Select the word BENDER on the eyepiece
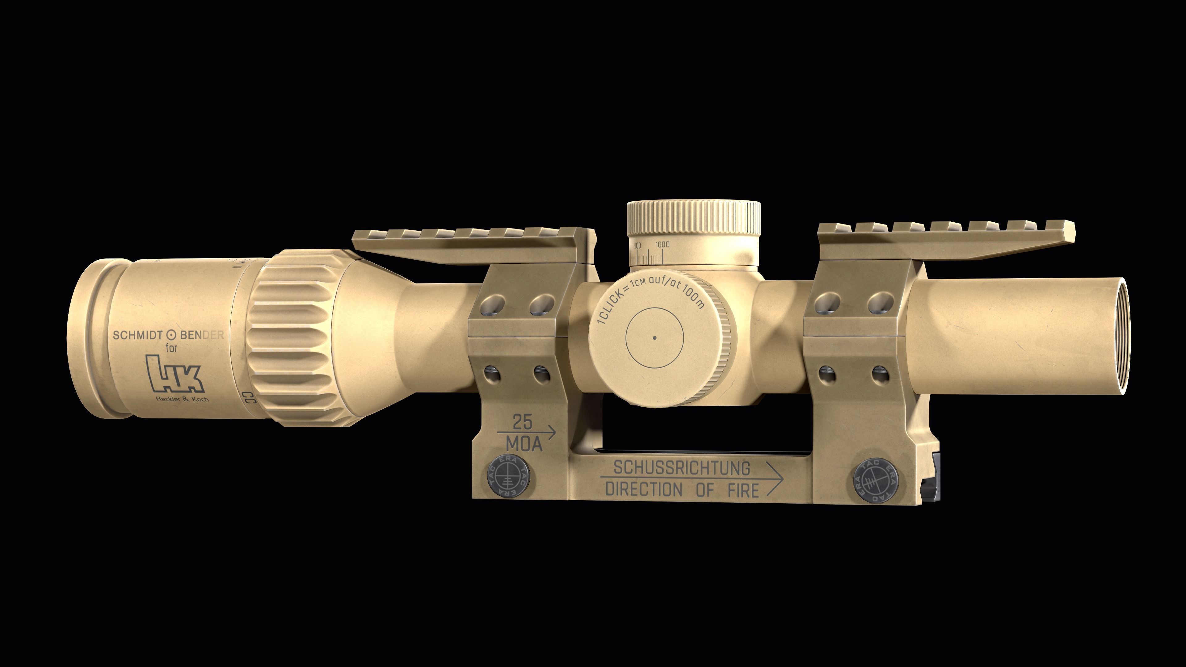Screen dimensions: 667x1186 [202, 335]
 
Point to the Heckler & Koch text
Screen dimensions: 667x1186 [182, 399]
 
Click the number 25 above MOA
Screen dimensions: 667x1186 [523, 422]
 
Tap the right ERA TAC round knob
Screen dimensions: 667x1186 [875, 482]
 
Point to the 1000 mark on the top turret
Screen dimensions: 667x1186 [662, 245]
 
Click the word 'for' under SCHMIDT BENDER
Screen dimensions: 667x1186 [171, 348]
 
